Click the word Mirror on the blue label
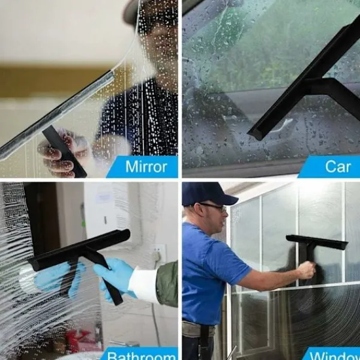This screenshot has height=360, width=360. point(146,166)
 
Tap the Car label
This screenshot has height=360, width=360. point(338,166)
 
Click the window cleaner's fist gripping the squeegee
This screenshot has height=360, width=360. point(306,271)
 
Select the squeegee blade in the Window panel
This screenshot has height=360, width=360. point(317,242)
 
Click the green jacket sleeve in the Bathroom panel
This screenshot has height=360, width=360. point(167,283)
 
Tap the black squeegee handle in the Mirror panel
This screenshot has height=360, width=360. point(64,151)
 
